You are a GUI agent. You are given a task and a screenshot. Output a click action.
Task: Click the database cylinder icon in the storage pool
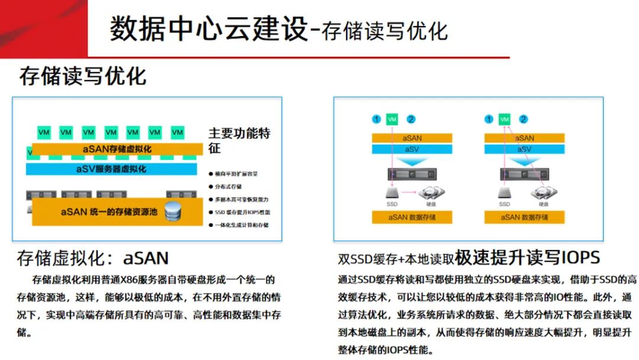point(173,210)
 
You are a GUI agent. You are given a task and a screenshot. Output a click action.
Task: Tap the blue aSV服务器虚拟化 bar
point(111,169)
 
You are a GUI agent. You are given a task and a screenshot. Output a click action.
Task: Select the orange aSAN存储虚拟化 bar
point(117,149)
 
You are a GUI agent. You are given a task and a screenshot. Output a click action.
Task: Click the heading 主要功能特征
point(238,140)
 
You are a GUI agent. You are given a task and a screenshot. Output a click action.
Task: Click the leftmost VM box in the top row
point(44,132)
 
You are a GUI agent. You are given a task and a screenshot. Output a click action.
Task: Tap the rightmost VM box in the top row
point(177,132)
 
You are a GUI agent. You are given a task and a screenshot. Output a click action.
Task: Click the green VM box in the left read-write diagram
point(392,120)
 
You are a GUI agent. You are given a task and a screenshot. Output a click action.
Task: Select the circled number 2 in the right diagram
point(524,120)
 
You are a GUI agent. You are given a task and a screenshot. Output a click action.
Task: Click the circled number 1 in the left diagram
point(376,120)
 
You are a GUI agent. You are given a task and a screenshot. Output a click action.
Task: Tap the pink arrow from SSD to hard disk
point(409,192)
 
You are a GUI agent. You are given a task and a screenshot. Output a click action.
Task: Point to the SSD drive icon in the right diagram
point(505,192)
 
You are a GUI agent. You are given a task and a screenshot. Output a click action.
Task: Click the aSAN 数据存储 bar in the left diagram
point(412,217)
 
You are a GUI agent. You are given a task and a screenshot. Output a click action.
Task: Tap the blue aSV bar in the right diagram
point(525,150)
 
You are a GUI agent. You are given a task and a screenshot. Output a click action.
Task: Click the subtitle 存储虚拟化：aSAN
point(93,258)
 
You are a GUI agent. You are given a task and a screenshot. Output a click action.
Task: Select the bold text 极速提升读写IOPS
point(528,258)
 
